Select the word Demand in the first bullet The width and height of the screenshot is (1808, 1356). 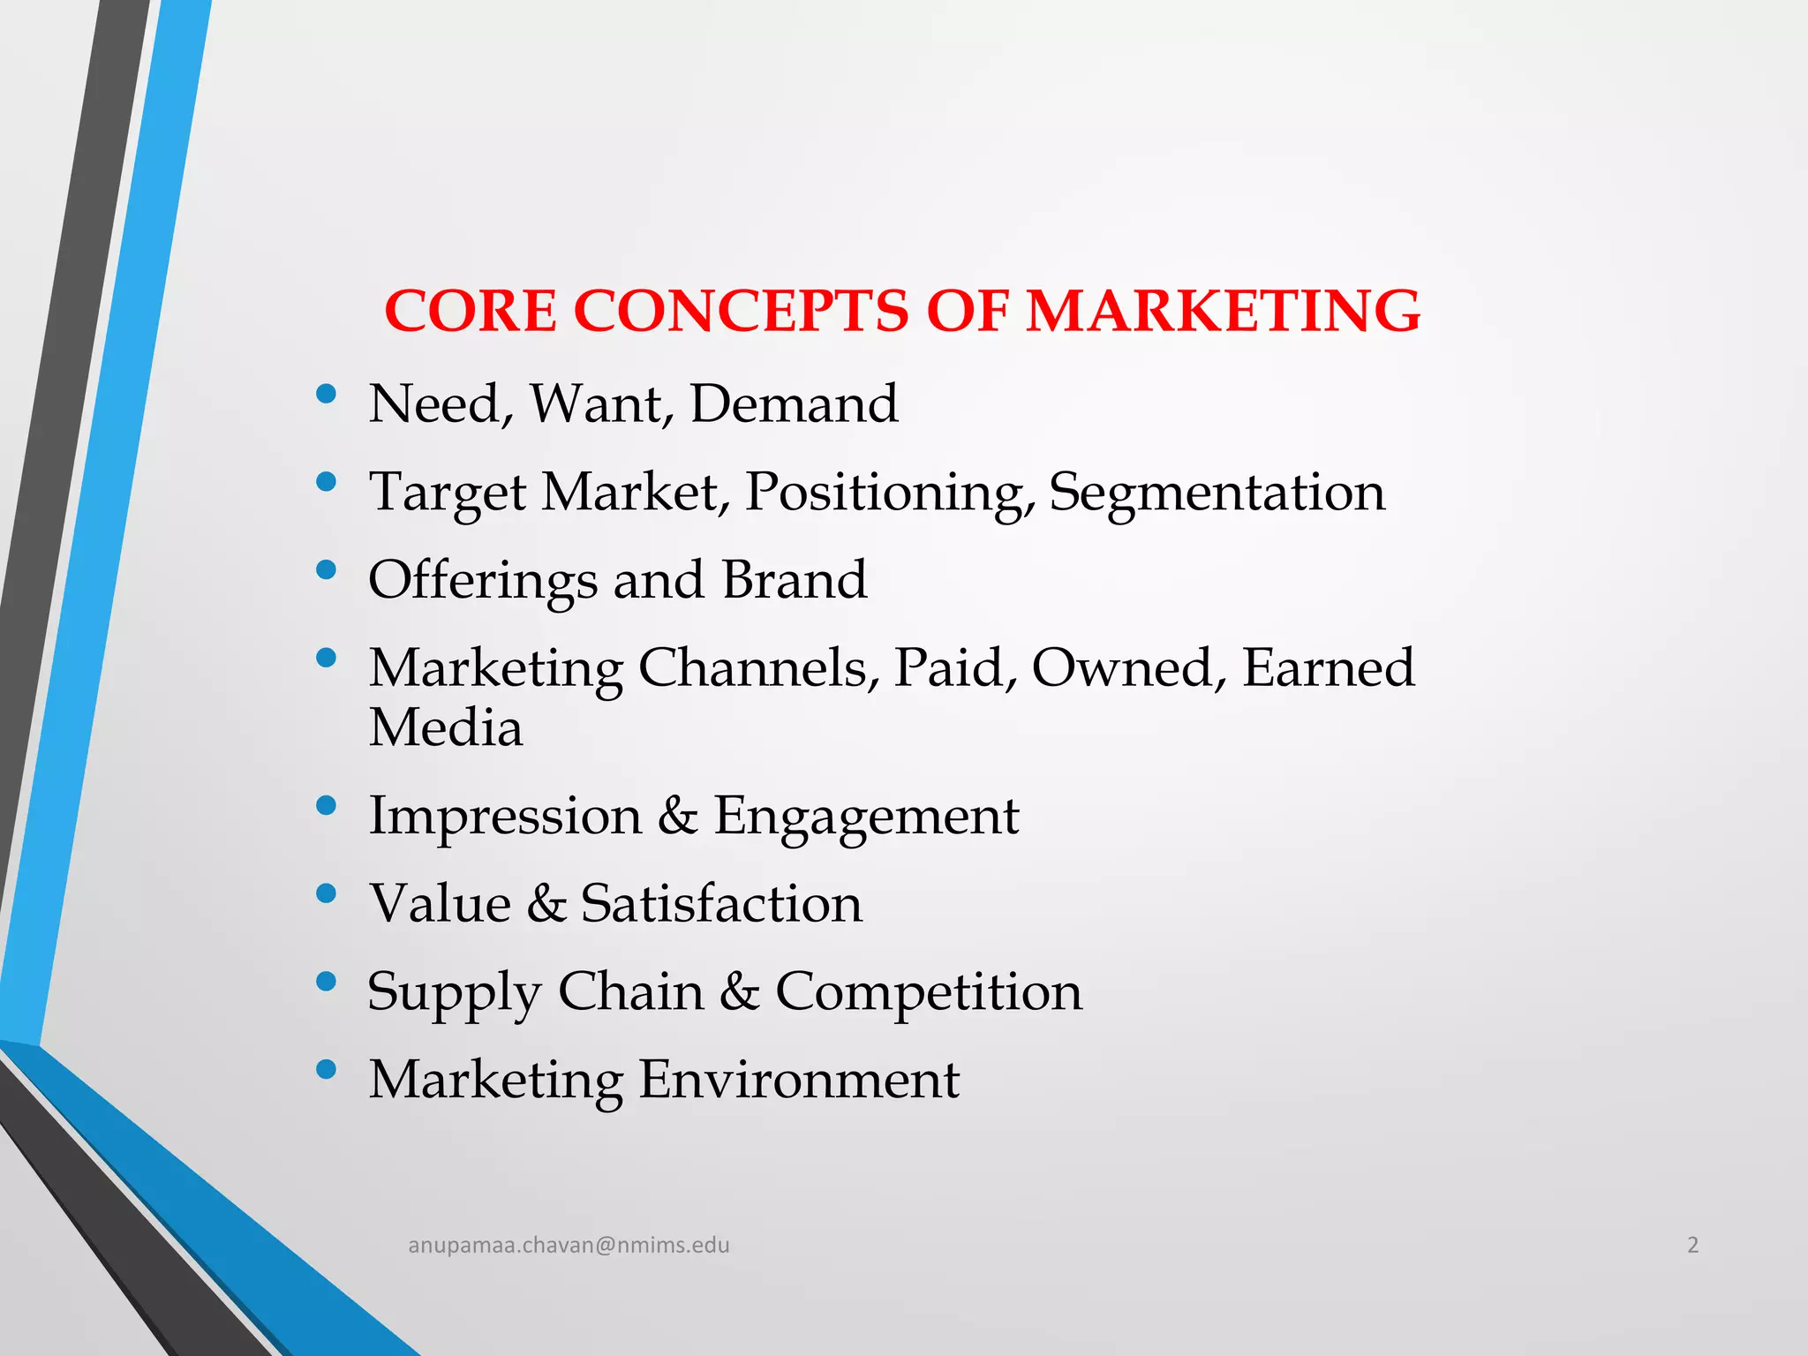click(793, 404)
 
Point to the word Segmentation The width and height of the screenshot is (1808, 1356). click(1217, 492)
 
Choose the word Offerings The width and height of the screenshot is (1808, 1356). click(483, 581)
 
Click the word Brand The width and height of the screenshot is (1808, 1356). click(794, 580)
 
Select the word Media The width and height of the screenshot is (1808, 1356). click(446, 728)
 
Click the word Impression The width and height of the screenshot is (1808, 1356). click(505, 815)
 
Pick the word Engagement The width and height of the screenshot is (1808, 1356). click(866, 817)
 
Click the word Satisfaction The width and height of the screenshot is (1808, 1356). click(721, 903)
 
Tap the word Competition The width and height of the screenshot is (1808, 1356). click(929, 992)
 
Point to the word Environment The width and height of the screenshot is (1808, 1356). click(798, 1080)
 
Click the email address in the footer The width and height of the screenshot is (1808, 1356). click(569, 1245)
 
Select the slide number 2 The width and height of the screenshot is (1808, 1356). click(1692, 1245)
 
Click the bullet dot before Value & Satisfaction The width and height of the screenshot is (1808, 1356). click(326, 893)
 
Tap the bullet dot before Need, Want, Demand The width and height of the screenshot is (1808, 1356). click(326, 394)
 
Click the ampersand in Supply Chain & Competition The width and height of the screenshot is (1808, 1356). click(739, 991)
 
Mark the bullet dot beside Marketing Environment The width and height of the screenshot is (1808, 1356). click(326, 1070)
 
